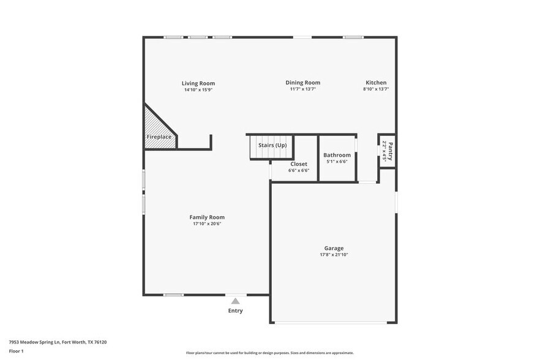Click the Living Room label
pos(198,83)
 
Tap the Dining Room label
pos(302,83)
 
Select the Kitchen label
pos(376,83)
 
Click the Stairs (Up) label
pos(272,145)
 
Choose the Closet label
pos(299,164)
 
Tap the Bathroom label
pos(337,155)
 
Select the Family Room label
pos(207,217)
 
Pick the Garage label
pos(334,249)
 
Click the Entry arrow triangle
pos(235,301)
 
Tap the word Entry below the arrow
pos(235,310)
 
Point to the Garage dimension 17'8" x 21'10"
pos(334,255)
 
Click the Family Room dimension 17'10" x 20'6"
pos(207,223)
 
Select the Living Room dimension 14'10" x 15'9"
pos(198,89)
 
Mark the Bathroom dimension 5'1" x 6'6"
pos(337,162)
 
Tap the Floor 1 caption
pos(16,351)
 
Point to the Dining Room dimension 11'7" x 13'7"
pos(302,89)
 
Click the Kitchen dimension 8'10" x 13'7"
pos(376,89)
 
